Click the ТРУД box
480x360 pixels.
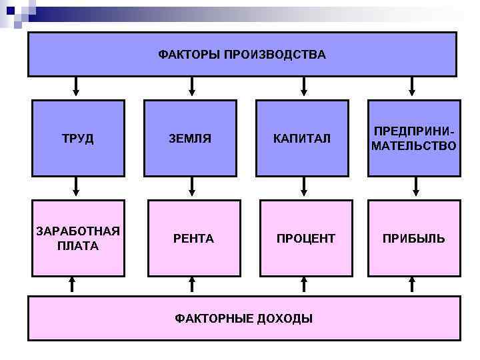(78, 139)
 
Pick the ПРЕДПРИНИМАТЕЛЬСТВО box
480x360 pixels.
(414, 139)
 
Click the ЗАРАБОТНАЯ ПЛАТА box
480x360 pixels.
(78, 238)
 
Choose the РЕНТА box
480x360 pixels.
(193, 238)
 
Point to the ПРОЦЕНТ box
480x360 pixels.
(305, 238)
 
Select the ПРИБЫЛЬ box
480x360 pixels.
(414, 238)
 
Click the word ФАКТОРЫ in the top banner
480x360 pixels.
(189, 54)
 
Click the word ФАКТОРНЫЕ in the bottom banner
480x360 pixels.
(210, 318)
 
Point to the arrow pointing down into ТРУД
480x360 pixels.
(77, 87)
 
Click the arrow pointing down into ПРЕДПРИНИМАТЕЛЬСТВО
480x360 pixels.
(413, 87)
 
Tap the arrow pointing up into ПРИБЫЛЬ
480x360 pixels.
(413, 285)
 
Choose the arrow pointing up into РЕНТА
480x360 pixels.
(192, 285)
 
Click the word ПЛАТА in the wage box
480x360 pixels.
(78, 246)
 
